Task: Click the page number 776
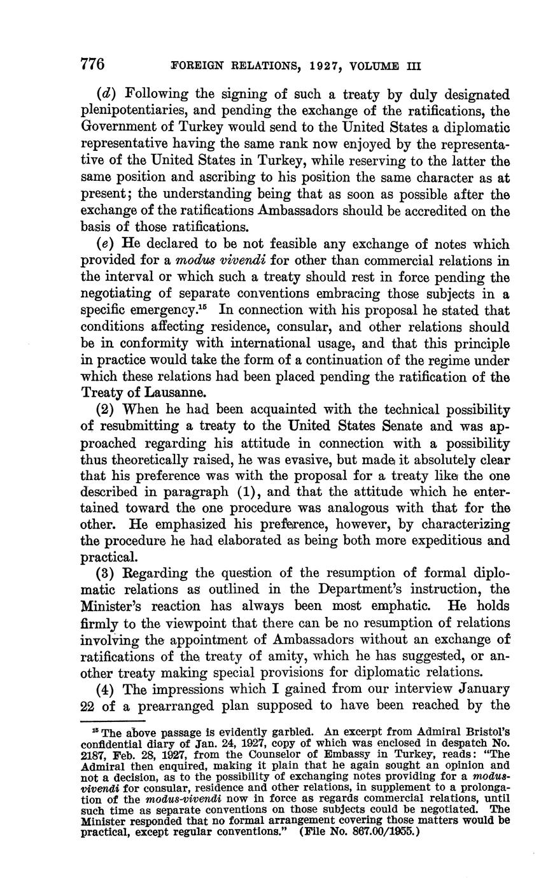point(92,64)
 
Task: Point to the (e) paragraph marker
point(105,244)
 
